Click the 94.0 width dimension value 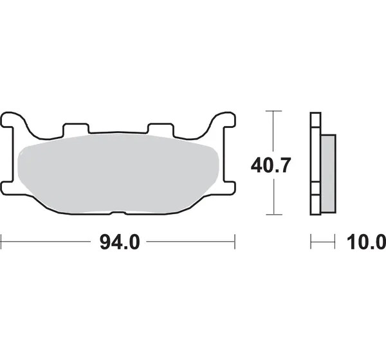pos(120,242)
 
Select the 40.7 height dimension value pos(271,165)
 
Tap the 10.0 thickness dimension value pos(366,242)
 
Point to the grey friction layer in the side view pos(328,174)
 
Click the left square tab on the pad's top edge pos(75,129)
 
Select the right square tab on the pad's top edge pos(161,129)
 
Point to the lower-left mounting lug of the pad pos(7,188)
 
